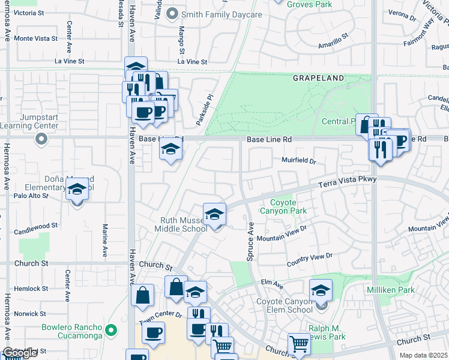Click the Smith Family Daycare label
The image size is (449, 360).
pyautogui.click(x=222, y=14)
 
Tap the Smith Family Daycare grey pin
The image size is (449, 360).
pyautogui.click(x=173, y=13)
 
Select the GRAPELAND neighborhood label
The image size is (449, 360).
pyautogui.click(x=318, y=79)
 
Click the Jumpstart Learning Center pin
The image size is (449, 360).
pyautogui.click(x=41, y=139)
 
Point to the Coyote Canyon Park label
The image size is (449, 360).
pyautogui.click(x=283, y=207)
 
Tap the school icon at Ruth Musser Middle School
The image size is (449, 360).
pyautogui.click(x=214, y=214)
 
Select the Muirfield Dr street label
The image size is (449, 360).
pyautogui.click(x=298, y=160)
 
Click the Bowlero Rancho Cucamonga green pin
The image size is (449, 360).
pyautogui.click(x=110, y=330)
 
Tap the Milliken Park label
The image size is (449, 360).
pyautogui.click(x=391, y=290)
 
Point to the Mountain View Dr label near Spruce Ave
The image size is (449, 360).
pyautogui.click(x=282, y=234)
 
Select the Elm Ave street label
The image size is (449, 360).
pyautogui.click(x=271, y=283)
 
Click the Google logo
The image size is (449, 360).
pyautogui.click(x=20, y=353)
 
